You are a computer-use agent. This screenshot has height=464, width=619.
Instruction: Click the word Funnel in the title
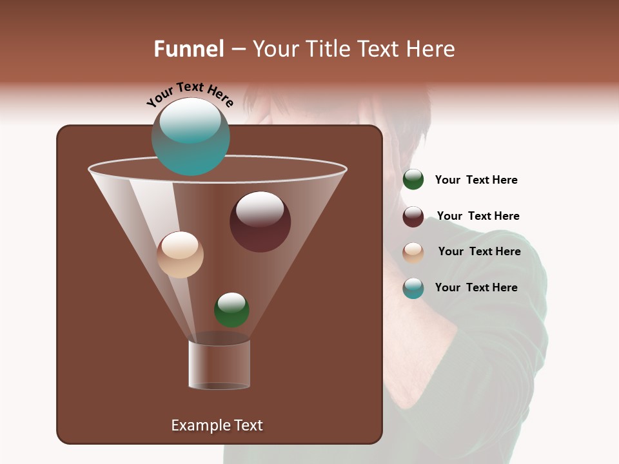[188, 49]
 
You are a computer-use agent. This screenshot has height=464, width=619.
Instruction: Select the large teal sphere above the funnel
[190, 137]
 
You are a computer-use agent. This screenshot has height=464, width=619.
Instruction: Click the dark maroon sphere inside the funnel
[260, 222]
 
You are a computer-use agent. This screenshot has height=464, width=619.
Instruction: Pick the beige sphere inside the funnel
[180, 255]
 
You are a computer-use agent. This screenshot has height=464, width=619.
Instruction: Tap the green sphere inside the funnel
[231, 310]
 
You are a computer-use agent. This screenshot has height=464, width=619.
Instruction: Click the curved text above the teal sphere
[190, 94]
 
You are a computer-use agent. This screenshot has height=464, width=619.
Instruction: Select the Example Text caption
[217, 425]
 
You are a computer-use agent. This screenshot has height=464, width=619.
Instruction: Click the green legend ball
[413, 180]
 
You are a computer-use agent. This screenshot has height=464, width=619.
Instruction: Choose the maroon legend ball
[413, 217]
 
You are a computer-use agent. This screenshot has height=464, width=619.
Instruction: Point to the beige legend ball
[413, 253]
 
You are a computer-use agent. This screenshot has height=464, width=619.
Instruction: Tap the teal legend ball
[413, 288]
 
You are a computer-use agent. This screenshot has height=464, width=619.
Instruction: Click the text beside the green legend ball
[476, 180]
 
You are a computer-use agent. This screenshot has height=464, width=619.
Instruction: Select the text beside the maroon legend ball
[478, 216]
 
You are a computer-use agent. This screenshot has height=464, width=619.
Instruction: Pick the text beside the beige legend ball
[479, 251]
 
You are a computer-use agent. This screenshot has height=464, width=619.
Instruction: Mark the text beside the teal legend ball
[476, 287]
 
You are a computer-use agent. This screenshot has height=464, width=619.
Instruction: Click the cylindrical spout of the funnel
[219, 364]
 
